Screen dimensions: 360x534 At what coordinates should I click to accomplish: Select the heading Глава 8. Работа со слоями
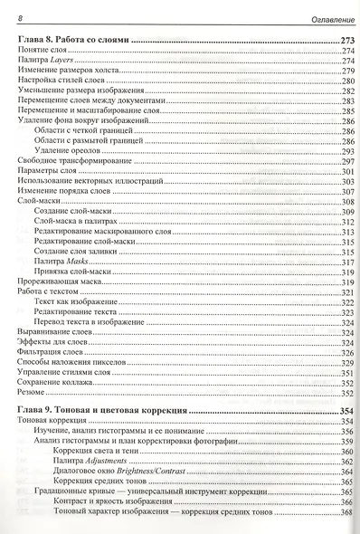74,42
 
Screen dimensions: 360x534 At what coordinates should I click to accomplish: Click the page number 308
345,202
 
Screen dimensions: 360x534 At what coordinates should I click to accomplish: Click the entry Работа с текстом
43,291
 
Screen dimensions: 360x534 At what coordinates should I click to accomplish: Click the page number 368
345,514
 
